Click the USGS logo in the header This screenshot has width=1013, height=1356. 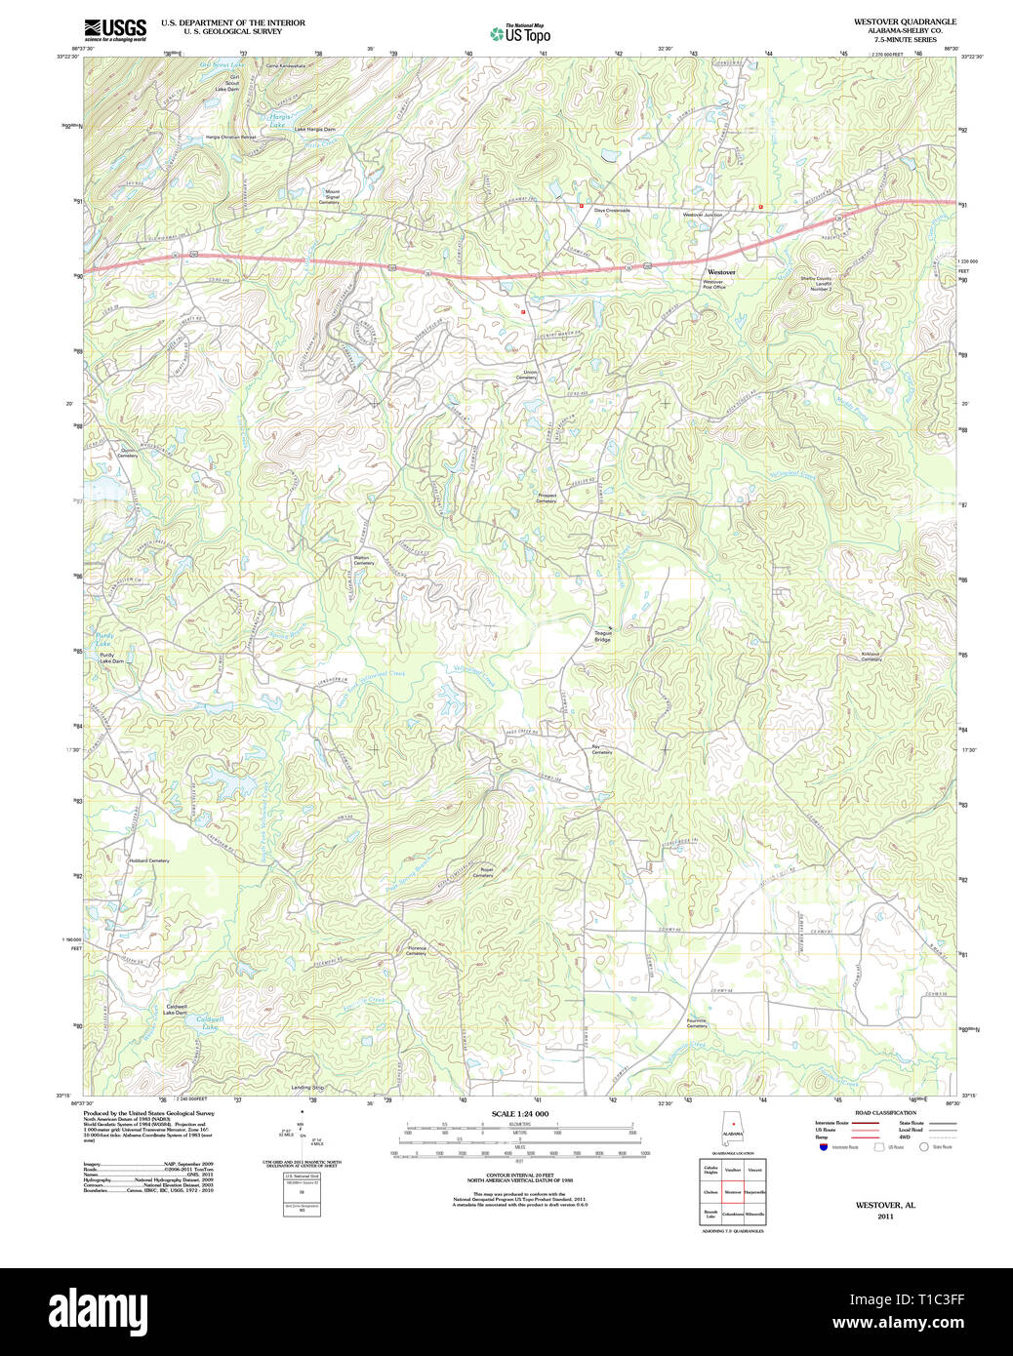click(x=115, y=28)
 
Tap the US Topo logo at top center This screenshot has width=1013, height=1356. click(x=521, y=34)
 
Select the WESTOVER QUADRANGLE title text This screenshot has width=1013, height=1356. click(x=905, y=21)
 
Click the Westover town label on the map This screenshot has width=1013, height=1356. click(x=721, y=272)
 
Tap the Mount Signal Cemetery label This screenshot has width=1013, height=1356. click(x=332, y=197)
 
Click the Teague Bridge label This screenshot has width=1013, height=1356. click(x=603, y=636)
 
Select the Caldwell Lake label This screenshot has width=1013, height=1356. click(x=210, y=1022)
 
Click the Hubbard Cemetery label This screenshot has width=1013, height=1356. click(x=148, y=860)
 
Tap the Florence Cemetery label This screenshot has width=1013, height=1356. click(x=417, y=950)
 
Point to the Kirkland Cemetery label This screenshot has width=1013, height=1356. click(x=871, y=657)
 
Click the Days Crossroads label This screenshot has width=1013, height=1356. click(x=612, y=211)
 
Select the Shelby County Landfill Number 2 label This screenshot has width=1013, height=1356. click(x=816, y=283)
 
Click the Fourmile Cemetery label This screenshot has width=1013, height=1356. click(x=697, y=1023)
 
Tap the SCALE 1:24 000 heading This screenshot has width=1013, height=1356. click(x=519, y=1114)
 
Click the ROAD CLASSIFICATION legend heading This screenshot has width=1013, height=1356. click(x=885, y=1113)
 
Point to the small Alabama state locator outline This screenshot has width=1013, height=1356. click(x=732, y=1131)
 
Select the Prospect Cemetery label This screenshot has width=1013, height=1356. click(x=547, y=498)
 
